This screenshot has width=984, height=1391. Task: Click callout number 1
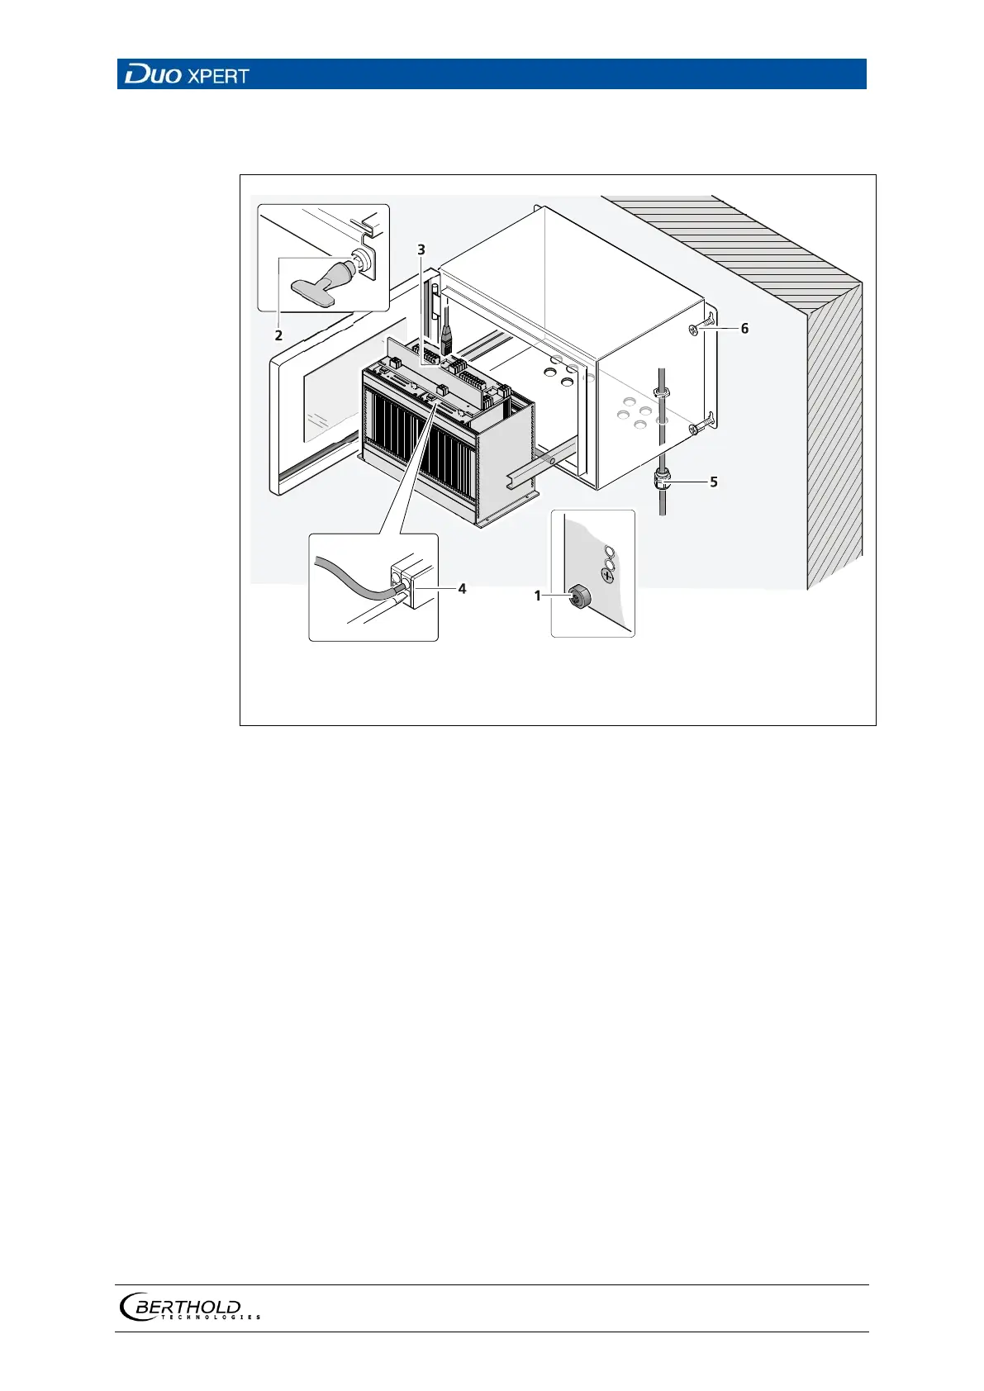coord(538,596)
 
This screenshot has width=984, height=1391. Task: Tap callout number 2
coord(278,335)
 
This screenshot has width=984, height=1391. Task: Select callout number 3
coord(421,249)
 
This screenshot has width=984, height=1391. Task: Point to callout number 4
coord(462,589)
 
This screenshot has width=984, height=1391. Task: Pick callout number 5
coord(714,482)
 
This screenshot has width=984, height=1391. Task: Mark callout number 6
coord(744,329)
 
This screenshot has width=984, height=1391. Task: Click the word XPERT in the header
coord(218,77)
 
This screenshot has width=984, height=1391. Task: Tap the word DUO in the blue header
coord(153,76)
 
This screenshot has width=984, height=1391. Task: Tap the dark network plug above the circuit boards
coord(446,339)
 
